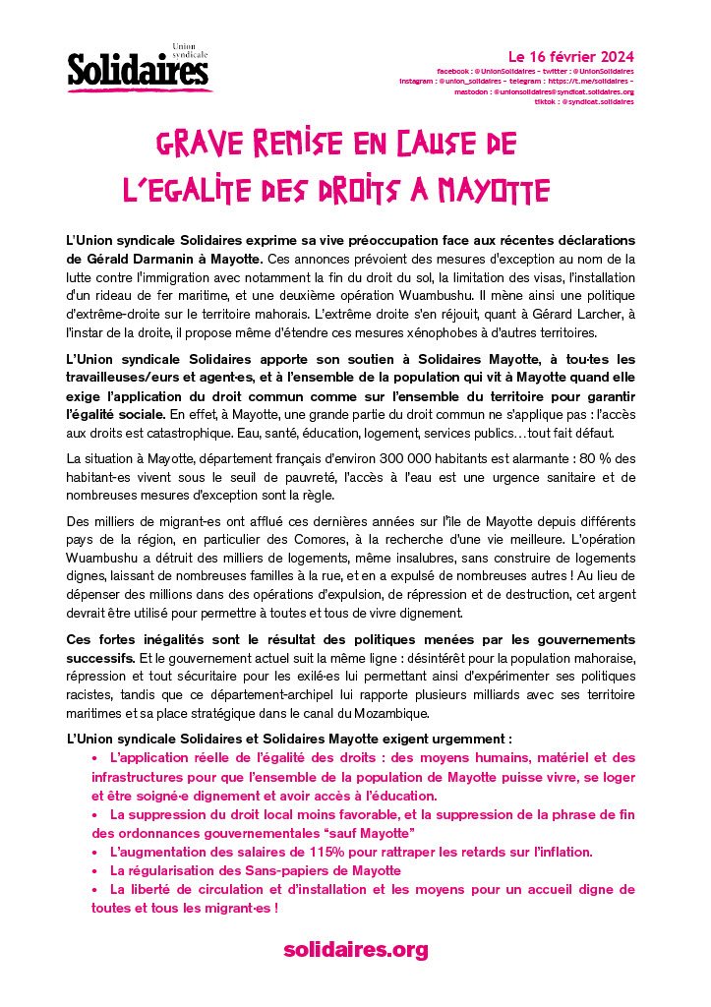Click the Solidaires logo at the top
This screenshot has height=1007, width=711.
click(x=138, y=69)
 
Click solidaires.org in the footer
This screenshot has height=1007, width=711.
click(x=355, y=949)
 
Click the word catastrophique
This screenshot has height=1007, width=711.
click(x=188, y=433)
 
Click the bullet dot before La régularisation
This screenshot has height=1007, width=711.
click(x=95, y=871)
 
